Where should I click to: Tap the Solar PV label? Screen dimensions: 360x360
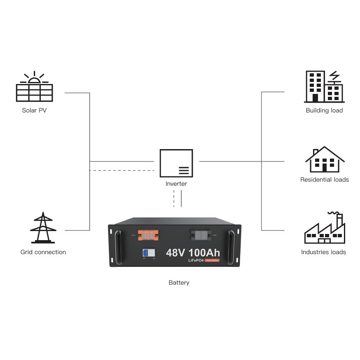(x=34, y=110)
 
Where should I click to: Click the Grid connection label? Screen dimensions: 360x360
(x=43, y=252)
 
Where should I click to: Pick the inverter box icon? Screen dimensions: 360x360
(x=176, y=163)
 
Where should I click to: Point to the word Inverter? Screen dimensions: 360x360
(x=176, y=184)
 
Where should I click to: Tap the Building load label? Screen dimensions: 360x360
(x=324, y=110)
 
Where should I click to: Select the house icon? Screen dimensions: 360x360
(x=325, y=159)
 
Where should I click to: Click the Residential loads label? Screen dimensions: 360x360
(x=324, y=180)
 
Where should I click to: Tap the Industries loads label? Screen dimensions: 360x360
(x=323, y=252)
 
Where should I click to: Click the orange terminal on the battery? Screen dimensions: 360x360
(x=148, y=235)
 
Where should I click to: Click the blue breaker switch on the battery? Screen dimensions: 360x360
(x=146, y=252)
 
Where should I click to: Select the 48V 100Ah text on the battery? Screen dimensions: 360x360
(x=193, y=252)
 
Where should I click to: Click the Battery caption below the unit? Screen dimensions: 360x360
(x=179, y=283)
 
